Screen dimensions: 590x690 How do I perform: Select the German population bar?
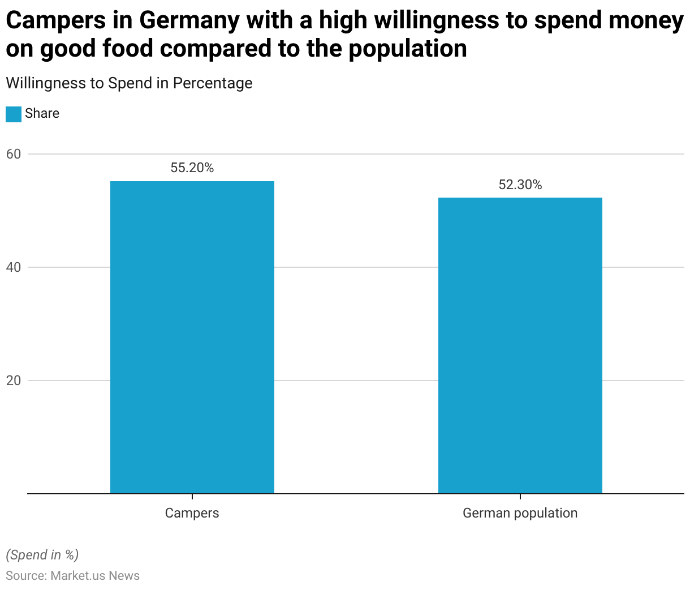pyautogui.click(x=520, y=345)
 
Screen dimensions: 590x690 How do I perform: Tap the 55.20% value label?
pyautogui.click(x=192, y=168)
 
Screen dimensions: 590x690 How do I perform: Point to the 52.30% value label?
pyautogui.click(x=520, y=185)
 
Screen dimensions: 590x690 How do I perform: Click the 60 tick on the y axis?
pyautogui.click(x=14, y=154)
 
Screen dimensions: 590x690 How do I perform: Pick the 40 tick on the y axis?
pyautogui.click(x=14, y=267)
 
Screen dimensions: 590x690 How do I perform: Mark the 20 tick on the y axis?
pyautogui.click(x=14, y=380)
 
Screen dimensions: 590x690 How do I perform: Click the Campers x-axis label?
pyautogui.click(x=192, y=513)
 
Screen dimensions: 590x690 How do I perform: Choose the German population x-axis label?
pyautogui.click(x=520, y=513)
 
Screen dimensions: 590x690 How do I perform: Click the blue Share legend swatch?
pyautogui.click(x=14, y=114)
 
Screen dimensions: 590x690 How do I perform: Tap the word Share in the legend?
pyautogui.click(x=42, y=113)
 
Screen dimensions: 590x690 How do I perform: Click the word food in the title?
pyautogui.click(x=128, y=49)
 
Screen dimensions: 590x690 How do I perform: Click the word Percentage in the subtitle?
pyautogui.click(x=213, y=83)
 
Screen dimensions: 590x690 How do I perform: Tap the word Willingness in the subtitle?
pyautogui.click(x=45, y=83)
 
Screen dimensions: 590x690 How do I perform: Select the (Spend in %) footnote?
pyautogui.click(x=42, y=555)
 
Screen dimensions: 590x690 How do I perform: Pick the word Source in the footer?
pyautogui.click(x=25, y=576)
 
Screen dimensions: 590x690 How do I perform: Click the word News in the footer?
pyautogui.click(x=124, y=576)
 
